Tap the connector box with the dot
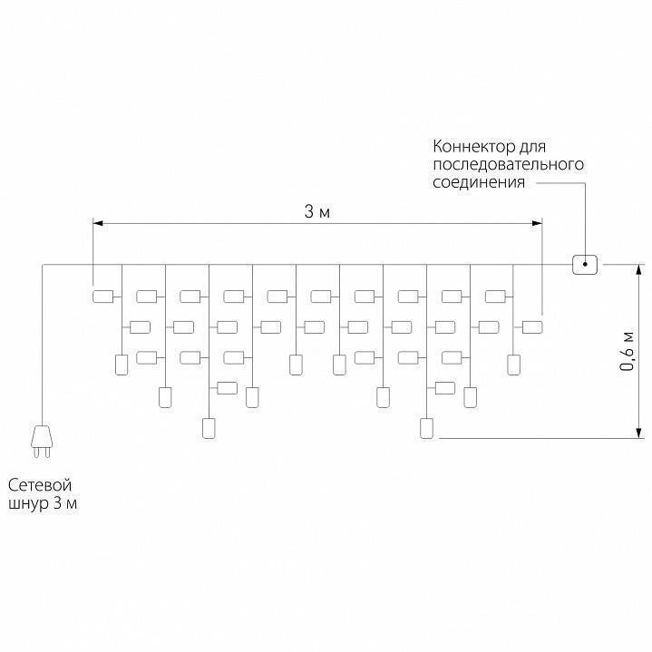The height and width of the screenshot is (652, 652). click(585, 265)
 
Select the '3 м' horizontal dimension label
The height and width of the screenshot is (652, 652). click(316, 212)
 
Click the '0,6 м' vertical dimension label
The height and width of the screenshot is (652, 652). click(627, 350)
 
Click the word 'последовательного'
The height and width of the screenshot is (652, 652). click(506, 164)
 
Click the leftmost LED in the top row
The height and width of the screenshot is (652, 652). click(102, 296)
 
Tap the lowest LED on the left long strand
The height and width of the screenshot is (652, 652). click(208, 428)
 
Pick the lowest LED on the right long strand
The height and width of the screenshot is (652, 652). click(426, 428)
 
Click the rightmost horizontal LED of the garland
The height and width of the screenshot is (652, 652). click(532, 326)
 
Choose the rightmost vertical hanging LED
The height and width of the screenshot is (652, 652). click(514, 365)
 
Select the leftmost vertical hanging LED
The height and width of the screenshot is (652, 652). click(120, 365)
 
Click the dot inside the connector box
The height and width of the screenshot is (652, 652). click(585, 265)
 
